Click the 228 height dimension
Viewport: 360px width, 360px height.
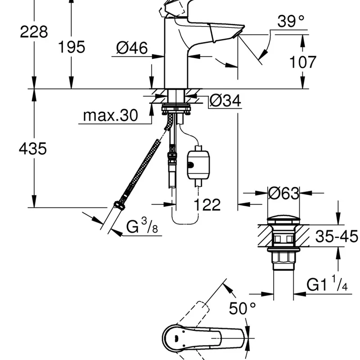(34, 31)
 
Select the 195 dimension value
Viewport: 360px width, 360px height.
(72, 47)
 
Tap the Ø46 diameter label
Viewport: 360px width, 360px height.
(132, 48)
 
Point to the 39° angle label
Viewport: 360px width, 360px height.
(291, 21)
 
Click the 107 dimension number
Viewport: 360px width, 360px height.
(302, 62)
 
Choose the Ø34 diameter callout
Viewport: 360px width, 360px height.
(225, 100)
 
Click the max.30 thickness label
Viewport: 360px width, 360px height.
(110, 115)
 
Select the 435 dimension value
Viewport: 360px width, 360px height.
(33, 148)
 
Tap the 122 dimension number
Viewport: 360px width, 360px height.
(207, 205)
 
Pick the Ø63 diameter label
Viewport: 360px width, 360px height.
(284, 193)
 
